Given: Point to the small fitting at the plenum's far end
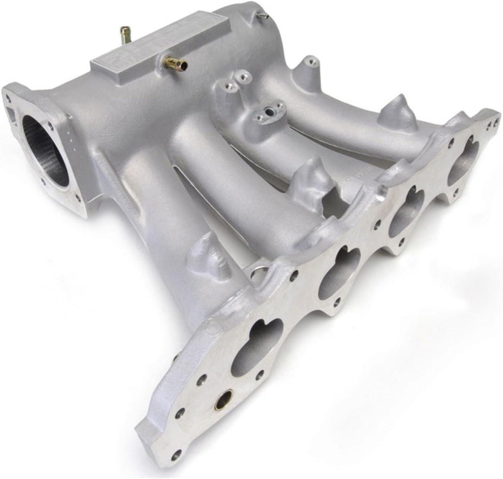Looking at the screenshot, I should [263, 16].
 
